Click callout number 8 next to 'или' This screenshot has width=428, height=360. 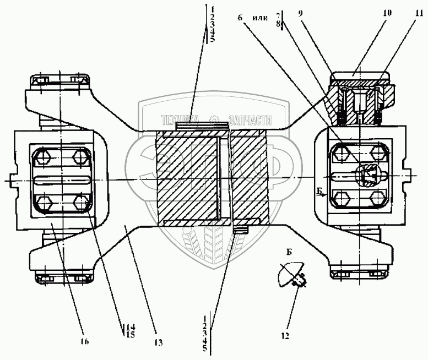point(279,24)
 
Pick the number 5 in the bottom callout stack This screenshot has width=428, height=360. point(204,349)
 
